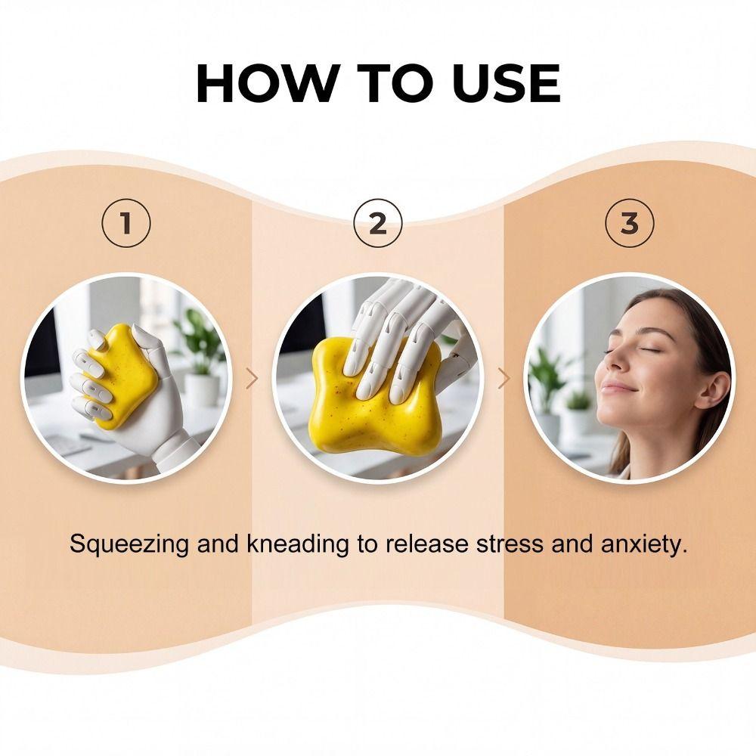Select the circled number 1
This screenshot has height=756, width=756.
point(126,223)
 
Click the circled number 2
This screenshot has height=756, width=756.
point(378,223)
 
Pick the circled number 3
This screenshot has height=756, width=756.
point(630,223)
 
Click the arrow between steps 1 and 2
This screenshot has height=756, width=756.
point(253,379)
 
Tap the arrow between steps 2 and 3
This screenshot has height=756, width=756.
point(503,379)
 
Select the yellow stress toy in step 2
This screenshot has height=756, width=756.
point(375,395)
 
